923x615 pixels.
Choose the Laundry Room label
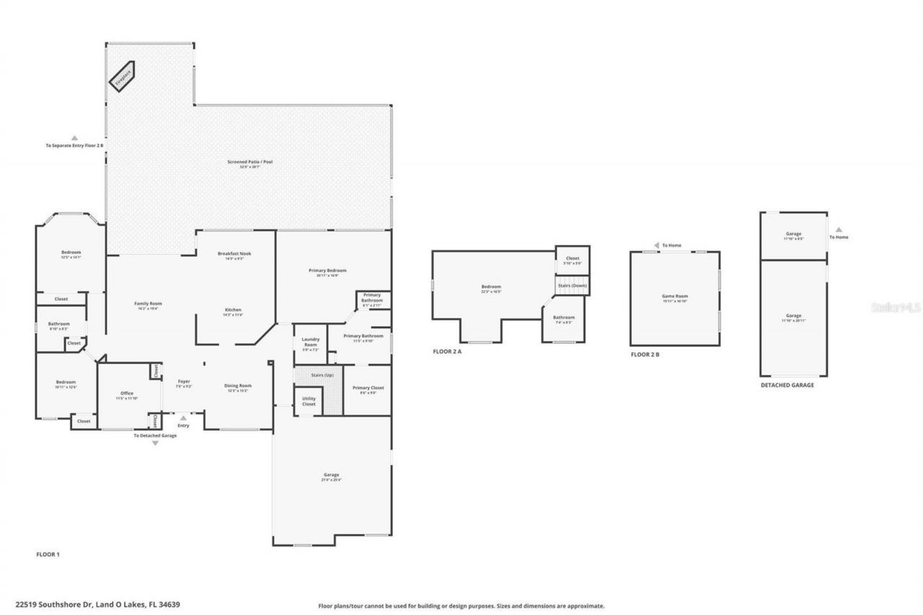pos(310,342)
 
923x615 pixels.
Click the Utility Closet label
pos(309,401)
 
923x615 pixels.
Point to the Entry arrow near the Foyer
pos(183,417)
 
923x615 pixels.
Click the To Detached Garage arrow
pos(155,443)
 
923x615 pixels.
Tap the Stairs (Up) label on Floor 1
pos(322,376)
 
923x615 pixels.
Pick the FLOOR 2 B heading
pos(645,355)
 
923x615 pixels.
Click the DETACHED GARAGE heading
pos(787,385)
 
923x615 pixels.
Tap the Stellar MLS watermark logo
pos(896,306)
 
